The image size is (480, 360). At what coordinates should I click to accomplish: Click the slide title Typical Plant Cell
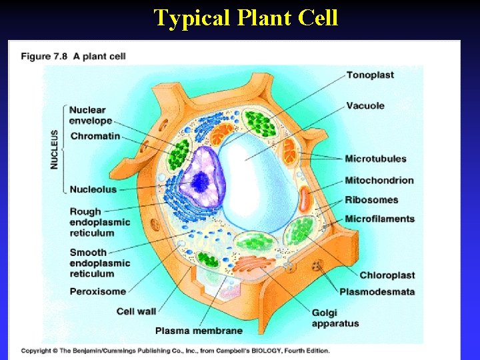click(246, 17)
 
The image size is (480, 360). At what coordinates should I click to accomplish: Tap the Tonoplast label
click(370, 75)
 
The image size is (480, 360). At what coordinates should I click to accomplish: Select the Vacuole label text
click(365, 105)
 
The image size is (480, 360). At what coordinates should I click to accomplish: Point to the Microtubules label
click(375, 159)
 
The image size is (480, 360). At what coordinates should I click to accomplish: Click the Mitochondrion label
click(379, 180)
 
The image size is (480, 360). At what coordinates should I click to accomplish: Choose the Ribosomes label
click(371, 199)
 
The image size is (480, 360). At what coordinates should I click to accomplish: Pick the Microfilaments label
click(379, 219)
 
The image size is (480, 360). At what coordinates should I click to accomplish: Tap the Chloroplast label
click(387, 275)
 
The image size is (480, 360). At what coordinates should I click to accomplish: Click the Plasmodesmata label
click(377, 291)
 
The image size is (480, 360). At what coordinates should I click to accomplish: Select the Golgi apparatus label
click(335, 318)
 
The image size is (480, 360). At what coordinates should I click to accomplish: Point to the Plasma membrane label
click(199, 330)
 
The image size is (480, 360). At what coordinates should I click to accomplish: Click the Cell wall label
click(136, 311)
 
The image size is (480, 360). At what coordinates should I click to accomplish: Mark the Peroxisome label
click(97, 291)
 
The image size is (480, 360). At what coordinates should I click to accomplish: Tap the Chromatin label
click(95, 136)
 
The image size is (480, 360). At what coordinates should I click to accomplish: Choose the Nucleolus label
click(93, 189)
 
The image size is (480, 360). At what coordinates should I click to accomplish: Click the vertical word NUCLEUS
click(55, 148)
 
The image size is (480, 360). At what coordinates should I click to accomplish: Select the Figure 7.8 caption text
click(73, 56)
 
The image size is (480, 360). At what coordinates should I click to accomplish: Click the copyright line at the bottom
click(175, 350)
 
